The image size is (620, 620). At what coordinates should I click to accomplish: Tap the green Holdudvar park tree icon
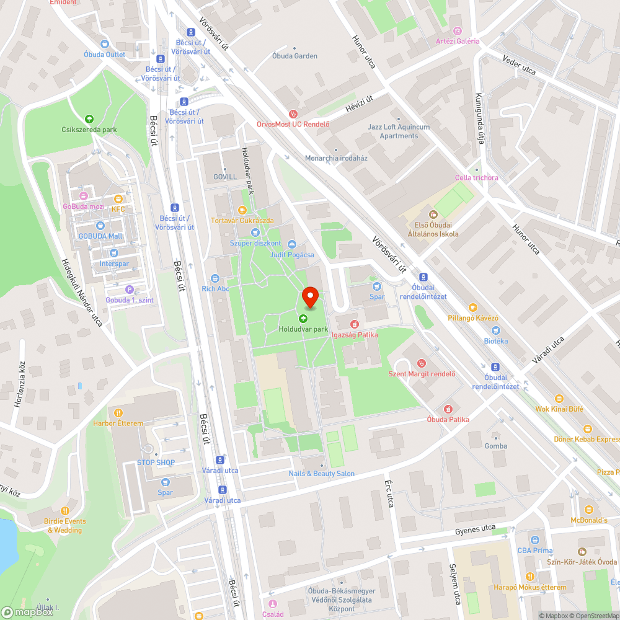click(x=303, y=319)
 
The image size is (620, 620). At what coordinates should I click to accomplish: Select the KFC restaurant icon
click(x=118, y=199)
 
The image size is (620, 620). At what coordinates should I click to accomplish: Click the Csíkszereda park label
click(x=89, y=130)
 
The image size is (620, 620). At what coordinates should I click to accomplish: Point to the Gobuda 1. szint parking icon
click(x=130, y=290)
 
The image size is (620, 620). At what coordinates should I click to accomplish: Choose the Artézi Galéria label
click(x=458, y=41)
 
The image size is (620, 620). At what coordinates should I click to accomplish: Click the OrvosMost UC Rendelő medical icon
click(x=293, y=113)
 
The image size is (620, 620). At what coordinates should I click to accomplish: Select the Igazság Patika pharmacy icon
click(x=355, y=324)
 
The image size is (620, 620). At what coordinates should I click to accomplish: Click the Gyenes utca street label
click(x=476, y=528)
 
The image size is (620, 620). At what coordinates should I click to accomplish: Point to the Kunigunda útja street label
click(x=479, y=118)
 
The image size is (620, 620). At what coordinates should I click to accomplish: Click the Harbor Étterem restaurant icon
click(x=118, y=413)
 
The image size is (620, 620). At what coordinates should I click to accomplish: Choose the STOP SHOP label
click(x=156, y=463)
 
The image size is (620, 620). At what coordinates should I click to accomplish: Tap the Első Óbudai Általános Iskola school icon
click(x=433, y=215)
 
